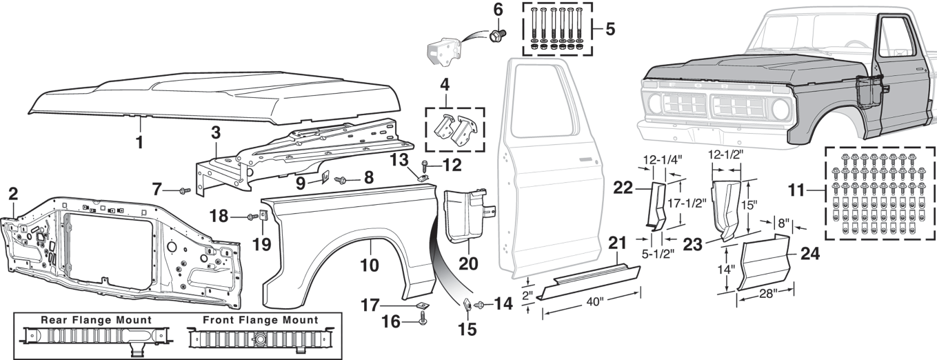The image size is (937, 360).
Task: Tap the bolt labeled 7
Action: (184, 190)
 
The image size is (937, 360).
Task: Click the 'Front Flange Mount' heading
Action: (260, 321)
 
